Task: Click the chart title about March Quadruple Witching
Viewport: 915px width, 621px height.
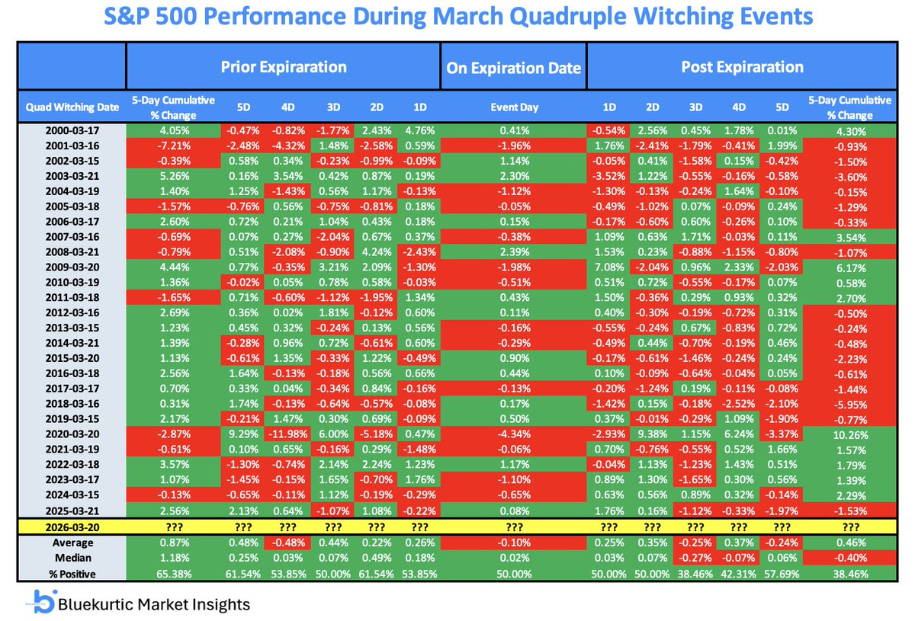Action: tap(457, 17)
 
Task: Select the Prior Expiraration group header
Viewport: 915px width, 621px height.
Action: tap(284, 66)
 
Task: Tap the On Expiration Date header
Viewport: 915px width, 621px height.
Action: tap(513, 68)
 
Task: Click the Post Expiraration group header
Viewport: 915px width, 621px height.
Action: tap(741, 66)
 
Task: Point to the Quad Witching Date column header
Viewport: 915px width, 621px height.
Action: tap(72, 107)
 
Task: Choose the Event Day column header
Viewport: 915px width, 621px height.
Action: tap(513, 107)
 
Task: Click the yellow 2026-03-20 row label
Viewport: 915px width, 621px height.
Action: tap(72, 525)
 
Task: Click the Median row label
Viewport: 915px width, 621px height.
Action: tap(72, 558)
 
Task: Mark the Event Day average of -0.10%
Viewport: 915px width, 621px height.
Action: tap(513, 543)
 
